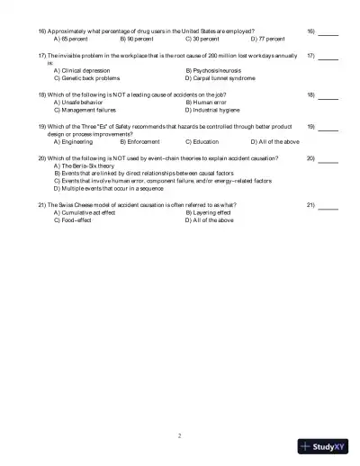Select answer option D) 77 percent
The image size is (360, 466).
[x=267, y=40]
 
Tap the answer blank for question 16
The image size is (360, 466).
[x=328, y=32]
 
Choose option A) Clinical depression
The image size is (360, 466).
[x=86, y=70]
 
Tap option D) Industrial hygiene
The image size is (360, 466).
[x=214, y=109]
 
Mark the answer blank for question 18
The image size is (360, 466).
[x=328, y=94]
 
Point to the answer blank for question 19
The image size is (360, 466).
[x=328, y=126]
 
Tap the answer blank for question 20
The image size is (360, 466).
[x=328, y=157]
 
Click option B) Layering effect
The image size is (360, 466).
[x=208, y=212]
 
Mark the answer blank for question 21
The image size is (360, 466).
[x=328, y=205]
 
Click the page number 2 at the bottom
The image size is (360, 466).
[x=180, y=435]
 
